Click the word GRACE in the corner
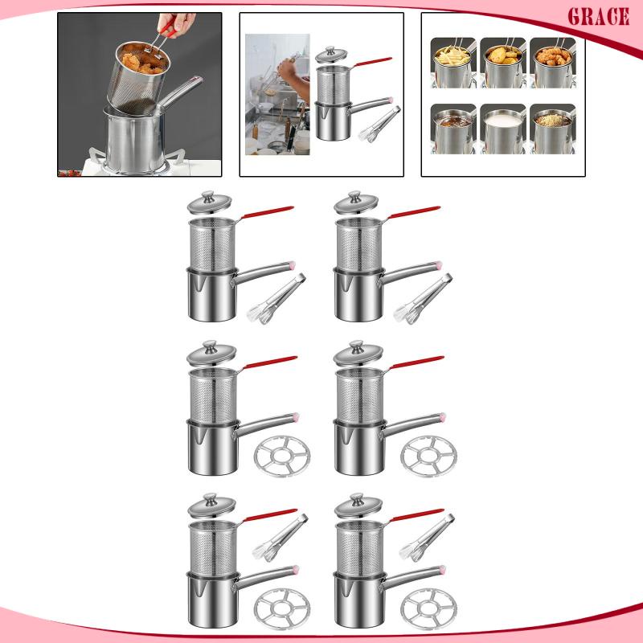click(598, 17)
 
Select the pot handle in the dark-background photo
click(180, 92)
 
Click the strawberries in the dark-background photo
click(70, 173)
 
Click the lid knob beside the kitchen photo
click(330, 49)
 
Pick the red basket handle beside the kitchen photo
click(372, 62)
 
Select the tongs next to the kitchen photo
click(379, 125)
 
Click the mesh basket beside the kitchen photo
click(333, 84)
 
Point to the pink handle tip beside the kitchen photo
click(390, 100)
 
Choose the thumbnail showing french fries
click(453, 63)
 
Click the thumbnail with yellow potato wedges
click(503, 63)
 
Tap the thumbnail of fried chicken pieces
click(553, 63)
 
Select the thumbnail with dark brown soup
click(453, 129)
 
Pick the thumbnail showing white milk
click(503, 129)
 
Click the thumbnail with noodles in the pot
click(553, 129)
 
